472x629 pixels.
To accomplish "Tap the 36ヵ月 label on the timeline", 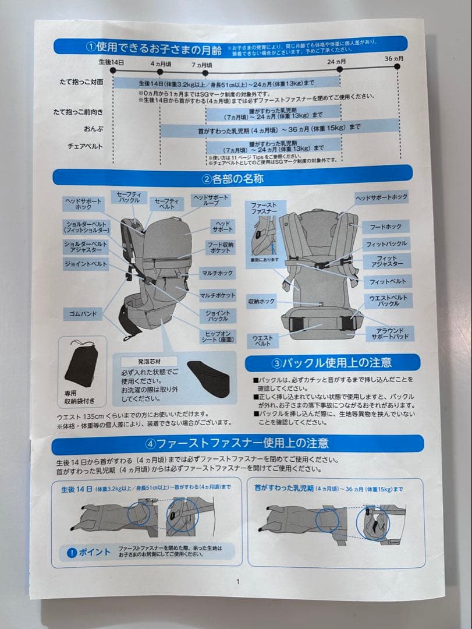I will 394,59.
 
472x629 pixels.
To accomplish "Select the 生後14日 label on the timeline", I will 111,62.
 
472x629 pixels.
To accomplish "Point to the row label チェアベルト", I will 85,146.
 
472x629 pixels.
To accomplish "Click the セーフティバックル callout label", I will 128,197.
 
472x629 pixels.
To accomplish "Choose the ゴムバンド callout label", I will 83,314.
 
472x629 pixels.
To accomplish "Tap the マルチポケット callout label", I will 218,295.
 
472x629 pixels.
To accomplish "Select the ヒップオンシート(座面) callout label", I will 218,337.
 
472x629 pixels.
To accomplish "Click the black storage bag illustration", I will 81,365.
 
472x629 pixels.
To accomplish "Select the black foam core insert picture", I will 208,378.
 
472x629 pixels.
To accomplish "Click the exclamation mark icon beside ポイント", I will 71,552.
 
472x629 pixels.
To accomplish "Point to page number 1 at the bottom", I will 237,581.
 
